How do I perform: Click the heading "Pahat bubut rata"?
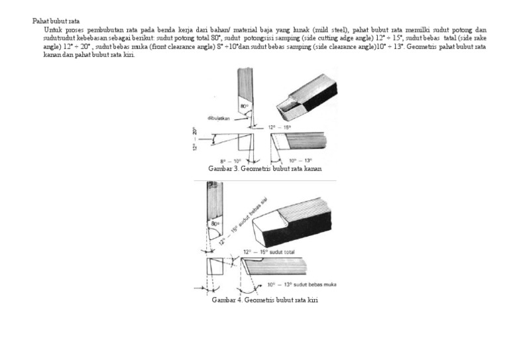tap(56, 21)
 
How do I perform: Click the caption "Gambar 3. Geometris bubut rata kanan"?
tap(264, 169)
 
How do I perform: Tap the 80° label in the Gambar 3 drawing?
tap(244, 105)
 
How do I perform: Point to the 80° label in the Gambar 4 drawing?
tap(215, 224)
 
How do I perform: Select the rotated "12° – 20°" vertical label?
tap(196, 139)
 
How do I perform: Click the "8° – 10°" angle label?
tap(231, 161)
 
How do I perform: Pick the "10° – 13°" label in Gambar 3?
tap(300, 161)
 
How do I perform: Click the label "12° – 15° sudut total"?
tap(269, 252)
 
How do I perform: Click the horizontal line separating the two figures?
tap(264, 180)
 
